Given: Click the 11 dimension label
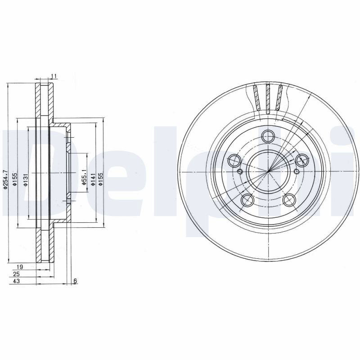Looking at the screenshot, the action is [x=54, y=76].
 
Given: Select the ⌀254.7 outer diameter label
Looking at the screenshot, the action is [x=5, y=179].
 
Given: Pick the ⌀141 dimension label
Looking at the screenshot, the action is [x=93, y=179].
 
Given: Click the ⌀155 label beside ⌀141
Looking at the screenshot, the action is [x=100, y=179].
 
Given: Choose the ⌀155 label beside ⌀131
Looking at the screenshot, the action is [x=15, y=179].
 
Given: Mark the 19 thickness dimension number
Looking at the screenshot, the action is [x=20, y=267].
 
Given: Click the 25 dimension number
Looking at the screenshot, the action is [x=17, y=274].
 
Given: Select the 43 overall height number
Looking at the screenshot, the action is [x=17, y=281].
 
